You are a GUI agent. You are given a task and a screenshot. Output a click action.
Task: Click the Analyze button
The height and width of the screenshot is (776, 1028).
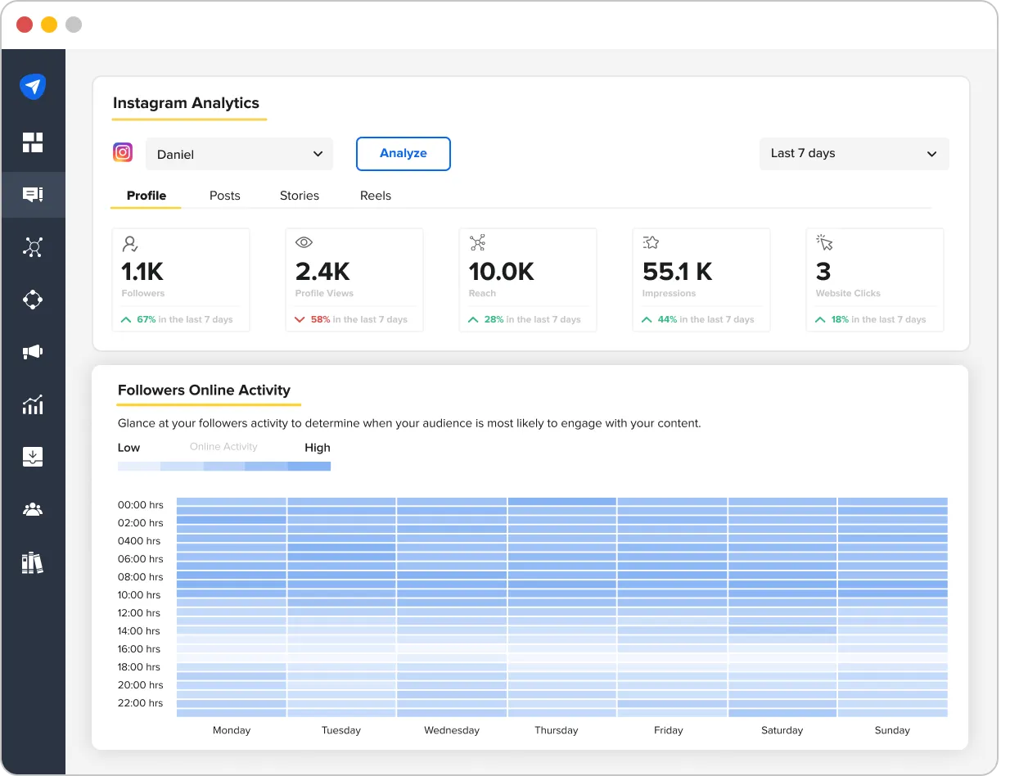[403, 154]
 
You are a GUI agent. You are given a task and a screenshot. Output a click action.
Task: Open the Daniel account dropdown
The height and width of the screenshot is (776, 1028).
[239, 154]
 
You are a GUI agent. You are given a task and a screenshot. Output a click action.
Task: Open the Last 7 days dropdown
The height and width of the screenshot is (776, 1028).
[854, 154]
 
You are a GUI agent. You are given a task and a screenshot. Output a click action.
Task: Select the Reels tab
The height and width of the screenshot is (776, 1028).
[376, 196]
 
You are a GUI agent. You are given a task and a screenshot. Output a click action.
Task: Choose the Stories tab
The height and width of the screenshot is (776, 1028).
[300, 196]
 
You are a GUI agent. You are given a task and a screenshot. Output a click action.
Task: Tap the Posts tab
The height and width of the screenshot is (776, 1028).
[224, 196]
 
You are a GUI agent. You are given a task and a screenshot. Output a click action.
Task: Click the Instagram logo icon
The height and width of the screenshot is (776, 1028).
[123, 152]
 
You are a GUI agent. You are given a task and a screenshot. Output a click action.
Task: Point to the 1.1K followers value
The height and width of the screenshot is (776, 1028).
[142, 271]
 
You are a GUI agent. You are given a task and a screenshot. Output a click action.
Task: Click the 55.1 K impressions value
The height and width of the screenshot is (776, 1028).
[678, 271]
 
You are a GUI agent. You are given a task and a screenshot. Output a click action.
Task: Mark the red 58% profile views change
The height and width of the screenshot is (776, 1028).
[320, 319]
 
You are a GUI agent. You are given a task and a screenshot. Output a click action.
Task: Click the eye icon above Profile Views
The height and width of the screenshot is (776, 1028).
[304, 242]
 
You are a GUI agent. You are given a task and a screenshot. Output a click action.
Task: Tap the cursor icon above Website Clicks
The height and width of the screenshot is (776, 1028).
[824, 242]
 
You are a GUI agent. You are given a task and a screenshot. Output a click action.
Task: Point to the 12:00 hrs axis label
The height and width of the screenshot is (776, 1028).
[140, 613]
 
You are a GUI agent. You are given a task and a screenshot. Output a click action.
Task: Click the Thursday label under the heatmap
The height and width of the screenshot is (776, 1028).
[556, 730]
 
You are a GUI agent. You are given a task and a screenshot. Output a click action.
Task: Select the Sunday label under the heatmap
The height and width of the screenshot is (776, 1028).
[891, 730]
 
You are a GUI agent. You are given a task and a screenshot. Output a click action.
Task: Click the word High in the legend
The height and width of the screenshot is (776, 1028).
[317, 448]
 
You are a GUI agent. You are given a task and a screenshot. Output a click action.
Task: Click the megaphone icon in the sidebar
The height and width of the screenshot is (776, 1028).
[33, 352]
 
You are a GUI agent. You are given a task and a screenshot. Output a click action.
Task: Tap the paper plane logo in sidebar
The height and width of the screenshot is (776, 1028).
[33, 87]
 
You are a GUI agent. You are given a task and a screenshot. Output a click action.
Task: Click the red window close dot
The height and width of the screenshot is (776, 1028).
[25, 25]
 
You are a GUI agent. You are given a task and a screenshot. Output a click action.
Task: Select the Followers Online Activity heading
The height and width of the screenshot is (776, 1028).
[204, 390]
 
